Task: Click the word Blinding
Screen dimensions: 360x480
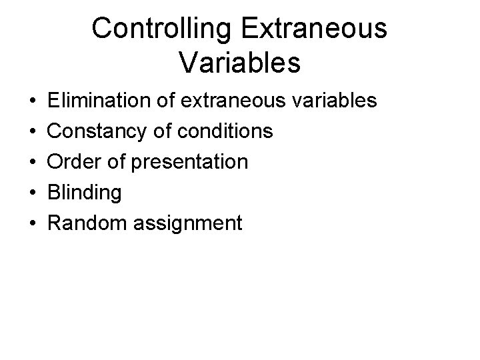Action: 85,193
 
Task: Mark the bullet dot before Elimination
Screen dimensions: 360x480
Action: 33,102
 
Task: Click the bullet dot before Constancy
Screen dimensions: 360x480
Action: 33,132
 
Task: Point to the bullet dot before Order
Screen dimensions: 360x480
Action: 33,163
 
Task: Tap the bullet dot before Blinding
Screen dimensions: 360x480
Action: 33,193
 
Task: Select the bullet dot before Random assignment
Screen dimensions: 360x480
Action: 33,223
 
